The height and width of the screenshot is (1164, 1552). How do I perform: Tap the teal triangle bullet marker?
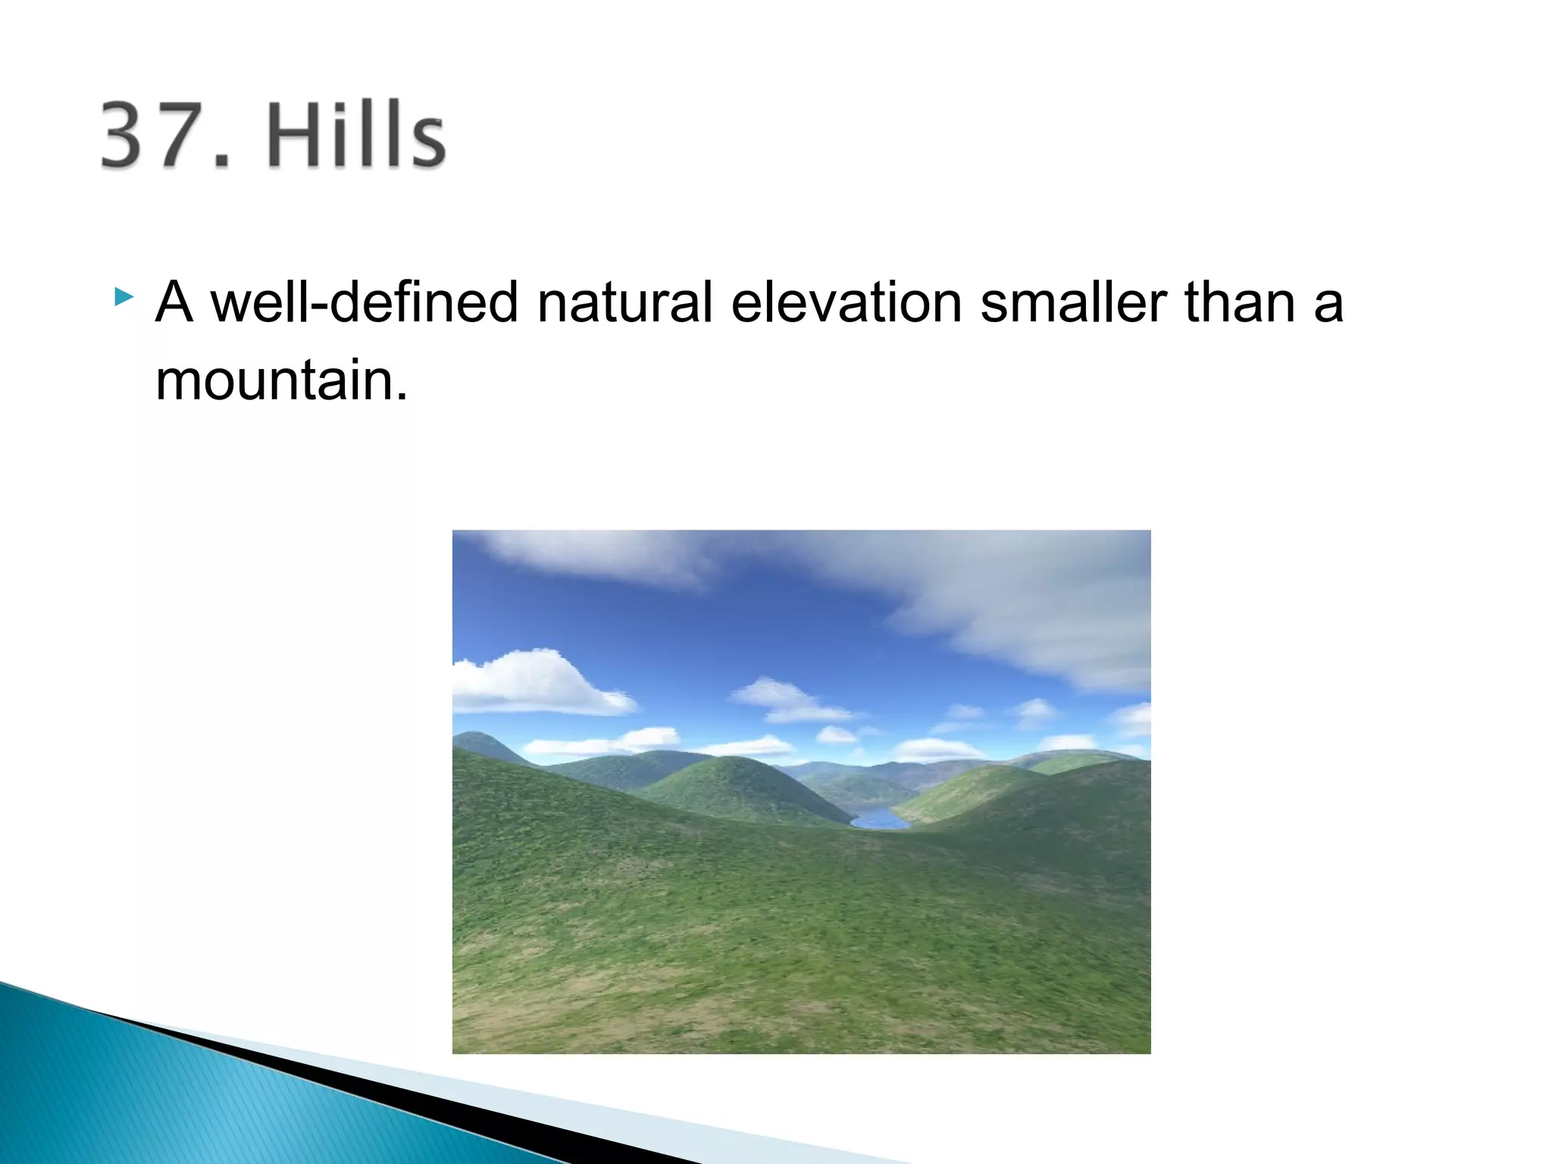[x=124, y=296]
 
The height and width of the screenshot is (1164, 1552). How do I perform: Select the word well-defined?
[x=364, y=303]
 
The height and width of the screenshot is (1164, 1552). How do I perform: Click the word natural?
[x=624, y=303]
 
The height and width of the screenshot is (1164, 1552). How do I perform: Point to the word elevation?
[x=846, y=303]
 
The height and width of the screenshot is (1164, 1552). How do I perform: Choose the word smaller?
[x=1073, y=303]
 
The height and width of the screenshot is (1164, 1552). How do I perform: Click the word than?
[x=1240, y=303]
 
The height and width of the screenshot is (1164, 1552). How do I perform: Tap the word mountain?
[x=274, y=380]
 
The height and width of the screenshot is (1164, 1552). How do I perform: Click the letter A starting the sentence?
[x=174, y=303]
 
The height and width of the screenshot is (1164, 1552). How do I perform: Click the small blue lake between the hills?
[x=879, y=819]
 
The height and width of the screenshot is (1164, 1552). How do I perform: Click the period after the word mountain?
[x=402, y=397]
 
